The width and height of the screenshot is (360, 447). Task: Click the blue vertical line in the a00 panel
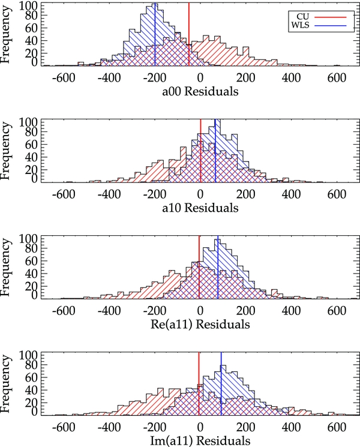click(155, 42)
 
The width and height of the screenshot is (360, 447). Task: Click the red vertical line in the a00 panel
click(189, 36)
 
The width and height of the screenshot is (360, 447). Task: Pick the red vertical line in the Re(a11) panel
click(199, 270)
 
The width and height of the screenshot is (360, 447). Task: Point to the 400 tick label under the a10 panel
click(292, 193)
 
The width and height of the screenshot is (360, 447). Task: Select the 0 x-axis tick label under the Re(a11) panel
click(200, 310)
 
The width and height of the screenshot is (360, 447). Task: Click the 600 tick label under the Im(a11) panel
click(338, 426)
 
